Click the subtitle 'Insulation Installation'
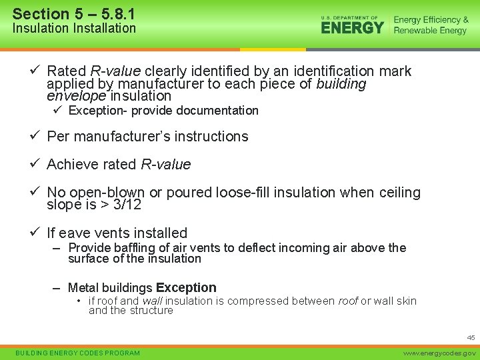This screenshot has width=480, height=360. [74, 29]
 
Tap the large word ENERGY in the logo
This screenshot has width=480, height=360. [352, 27]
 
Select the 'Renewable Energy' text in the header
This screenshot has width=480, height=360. [430, 31]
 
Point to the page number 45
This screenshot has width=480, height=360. [471, 338]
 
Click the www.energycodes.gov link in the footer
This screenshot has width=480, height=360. [441, 353]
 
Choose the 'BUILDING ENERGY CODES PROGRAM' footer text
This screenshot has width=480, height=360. [78, 353]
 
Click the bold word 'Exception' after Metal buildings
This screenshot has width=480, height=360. [186, 288]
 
